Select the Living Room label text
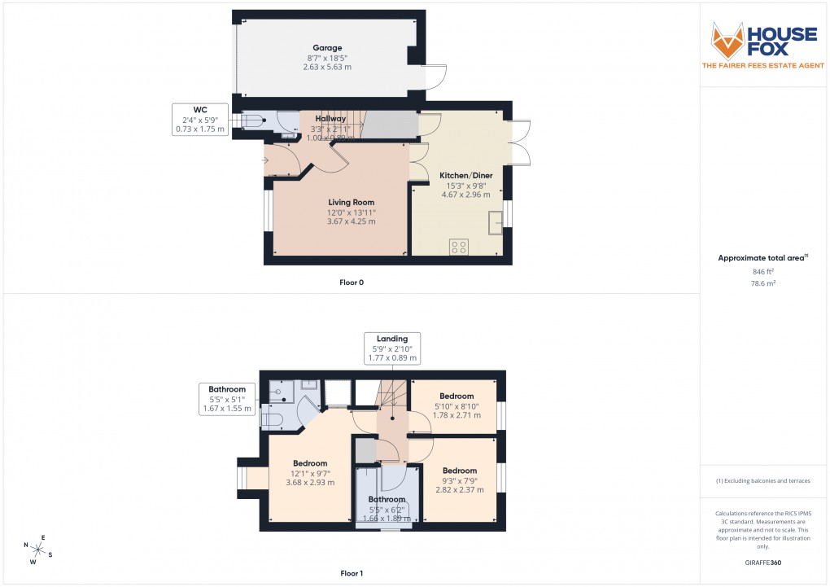(351, 202)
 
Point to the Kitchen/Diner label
(465, 175)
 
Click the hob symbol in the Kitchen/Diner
(458, 246)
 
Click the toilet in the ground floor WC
(251, 122)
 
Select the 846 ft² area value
(762, 271)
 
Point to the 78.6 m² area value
(762, 283)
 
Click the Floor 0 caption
(352, 283)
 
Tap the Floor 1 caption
(352, 573)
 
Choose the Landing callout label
(391, 338)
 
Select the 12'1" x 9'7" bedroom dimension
(310, 473)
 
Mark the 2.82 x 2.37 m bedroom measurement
(459, 491)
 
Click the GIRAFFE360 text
(762, 563)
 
